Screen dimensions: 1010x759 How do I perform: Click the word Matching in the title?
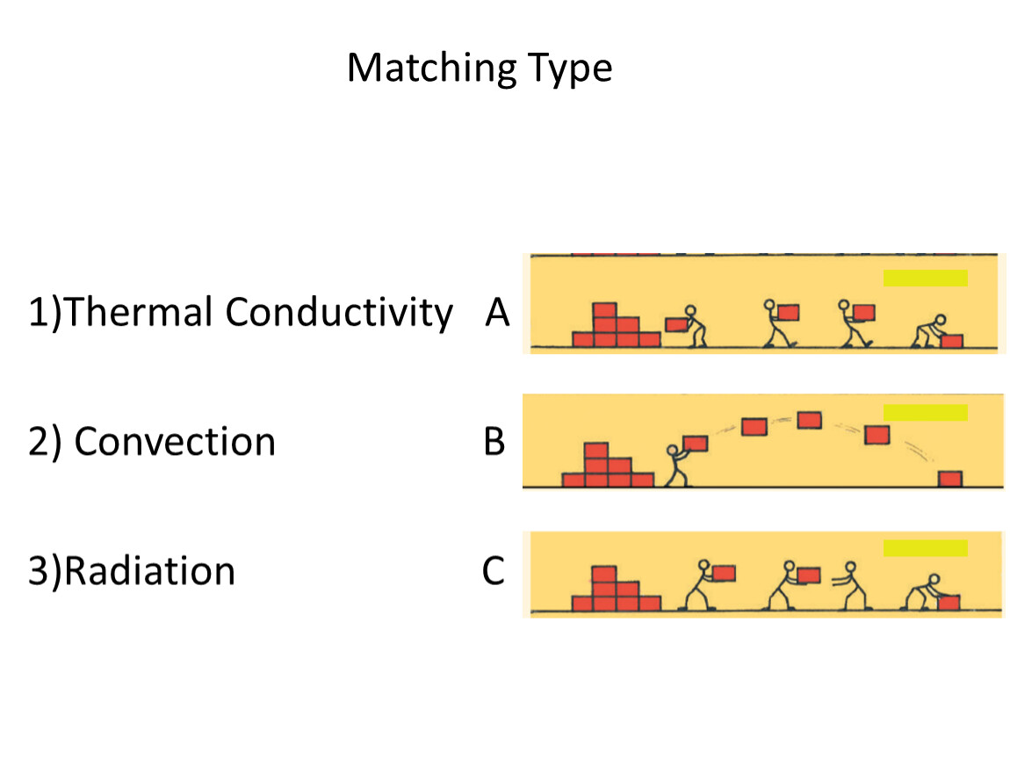(431, 69)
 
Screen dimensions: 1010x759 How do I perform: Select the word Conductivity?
(339, 313)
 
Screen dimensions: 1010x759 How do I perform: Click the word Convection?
(175, 442)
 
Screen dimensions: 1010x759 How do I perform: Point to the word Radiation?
(149, 571)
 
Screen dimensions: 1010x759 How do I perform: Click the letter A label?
(497, 313)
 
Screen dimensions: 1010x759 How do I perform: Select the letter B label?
(494, 442)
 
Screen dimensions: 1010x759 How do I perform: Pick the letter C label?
(494, 571)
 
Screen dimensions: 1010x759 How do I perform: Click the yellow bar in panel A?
(925, 278)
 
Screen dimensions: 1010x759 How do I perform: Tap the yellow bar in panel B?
(925, 412)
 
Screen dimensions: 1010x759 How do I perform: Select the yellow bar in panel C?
(925, 547)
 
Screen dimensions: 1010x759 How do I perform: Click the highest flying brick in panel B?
(809, 420)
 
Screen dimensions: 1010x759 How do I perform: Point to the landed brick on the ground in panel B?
(949, 479)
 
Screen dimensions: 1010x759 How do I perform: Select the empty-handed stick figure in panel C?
(851, 585)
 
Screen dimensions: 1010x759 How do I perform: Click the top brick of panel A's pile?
(604, 310)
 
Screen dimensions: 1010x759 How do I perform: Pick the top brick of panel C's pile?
(603, 575)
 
